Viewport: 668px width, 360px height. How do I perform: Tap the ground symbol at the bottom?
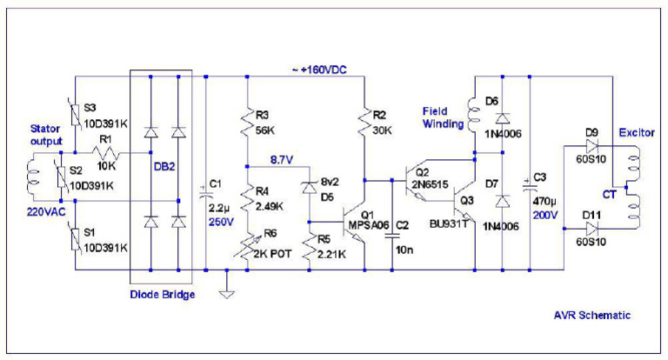225,292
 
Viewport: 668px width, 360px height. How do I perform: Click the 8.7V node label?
283,161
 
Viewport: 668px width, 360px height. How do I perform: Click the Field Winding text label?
442,117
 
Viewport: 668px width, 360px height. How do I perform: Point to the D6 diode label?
492,103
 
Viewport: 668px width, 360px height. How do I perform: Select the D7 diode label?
492,184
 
